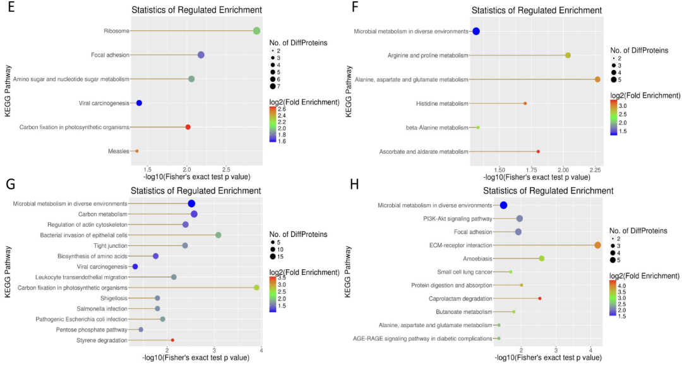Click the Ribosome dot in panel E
256,31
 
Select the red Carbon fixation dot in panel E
188,127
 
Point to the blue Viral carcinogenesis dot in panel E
139,103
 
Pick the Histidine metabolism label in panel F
442,103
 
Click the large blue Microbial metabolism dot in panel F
476,32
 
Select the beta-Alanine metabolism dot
478,127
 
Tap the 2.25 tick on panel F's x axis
595,169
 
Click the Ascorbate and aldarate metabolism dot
538,151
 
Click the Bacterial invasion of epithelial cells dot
218,235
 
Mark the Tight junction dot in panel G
185,245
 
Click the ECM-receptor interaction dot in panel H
597,245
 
